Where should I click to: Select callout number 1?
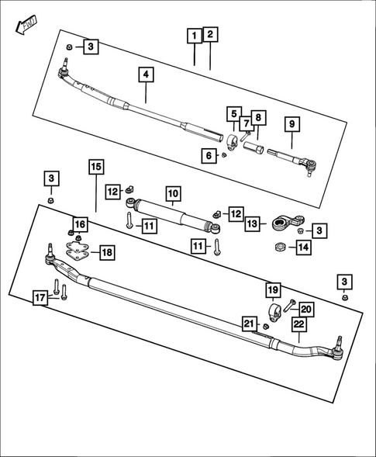193,35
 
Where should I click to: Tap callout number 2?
210,34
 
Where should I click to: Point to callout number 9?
291,124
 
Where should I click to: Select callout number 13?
252,223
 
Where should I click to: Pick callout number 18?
107,252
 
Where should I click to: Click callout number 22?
298,327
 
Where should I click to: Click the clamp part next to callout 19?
274,314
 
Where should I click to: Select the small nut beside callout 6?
223,155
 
